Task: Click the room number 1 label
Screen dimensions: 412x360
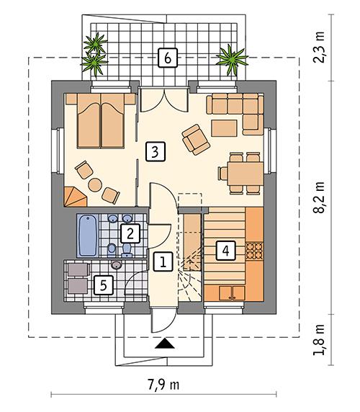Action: [163, 261]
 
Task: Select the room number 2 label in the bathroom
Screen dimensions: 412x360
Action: [130, 233]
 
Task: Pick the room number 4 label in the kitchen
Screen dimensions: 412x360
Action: [225, 251]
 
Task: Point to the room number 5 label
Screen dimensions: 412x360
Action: [104, 285]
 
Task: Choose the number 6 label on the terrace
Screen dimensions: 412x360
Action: [166, 58]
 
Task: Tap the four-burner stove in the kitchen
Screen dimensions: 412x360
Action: [256, 251]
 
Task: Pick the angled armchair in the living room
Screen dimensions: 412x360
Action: [194, 138]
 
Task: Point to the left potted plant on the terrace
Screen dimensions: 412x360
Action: [95, 55]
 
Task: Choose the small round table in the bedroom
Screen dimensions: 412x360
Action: [96, 184]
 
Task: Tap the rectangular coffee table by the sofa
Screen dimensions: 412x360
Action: [223, 127]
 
